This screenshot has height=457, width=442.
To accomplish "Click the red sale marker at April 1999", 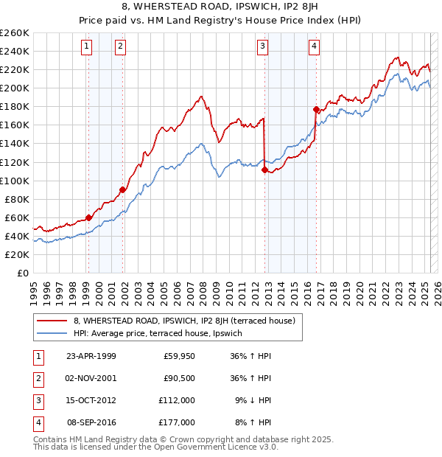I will click(x=88, y=217).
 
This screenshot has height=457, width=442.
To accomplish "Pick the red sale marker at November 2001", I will click(x=123, y=189).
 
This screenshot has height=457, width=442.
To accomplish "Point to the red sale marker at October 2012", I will click(x=264, y=170).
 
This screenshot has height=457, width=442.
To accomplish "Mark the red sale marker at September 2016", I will click(x=316, y=109).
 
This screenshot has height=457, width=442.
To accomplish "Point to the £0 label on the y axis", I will click(x=23, y=273).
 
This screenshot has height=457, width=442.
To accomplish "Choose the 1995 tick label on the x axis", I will click(x=34, y=288).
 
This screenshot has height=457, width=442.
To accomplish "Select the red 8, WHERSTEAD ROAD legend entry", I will click(x=184, y=321).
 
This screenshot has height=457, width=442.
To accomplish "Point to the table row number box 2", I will click(x=38, y=377).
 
